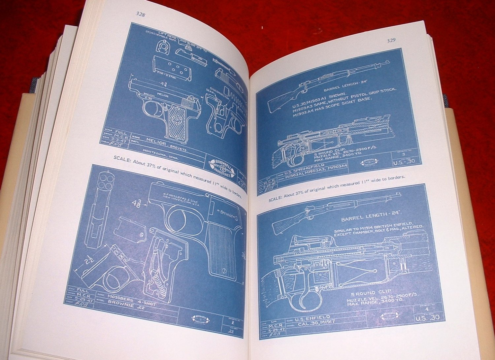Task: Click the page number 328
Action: (x=140, y=14)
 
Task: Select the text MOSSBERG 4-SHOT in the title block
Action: (x=131, y=300)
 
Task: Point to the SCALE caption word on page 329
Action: (x=275, y=199)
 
